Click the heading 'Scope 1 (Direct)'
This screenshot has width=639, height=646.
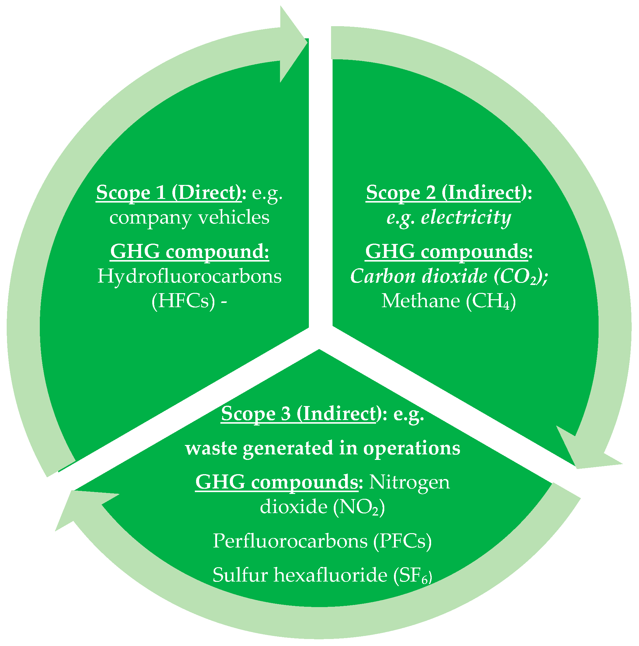click(169, 193)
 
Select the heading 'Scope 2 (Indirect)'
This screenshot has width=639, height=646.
click(444, 193)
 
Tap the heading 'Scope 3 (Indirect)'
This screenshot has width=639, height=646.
click(299, 414)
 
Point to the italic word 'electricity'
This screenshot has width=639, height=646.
click(466, 217)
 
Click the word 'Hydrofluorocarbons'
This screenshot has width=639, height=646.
click(189, 276)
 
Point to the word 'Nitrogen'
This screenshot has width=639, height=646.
click(410, 482)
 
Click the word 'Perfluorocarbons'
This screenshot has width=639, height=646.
click(290, 541)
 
